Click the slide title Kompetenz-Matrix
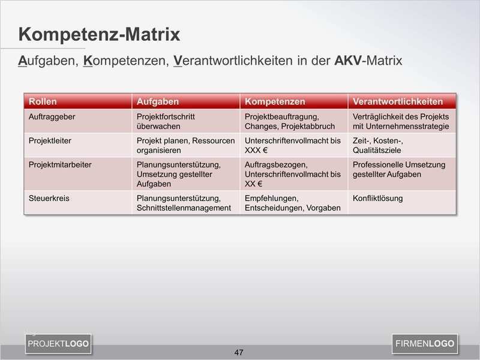[99, 35]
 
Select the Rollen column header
[43, 101]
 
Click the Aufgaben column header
[158, 101]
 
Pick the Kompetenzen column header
[275, 101]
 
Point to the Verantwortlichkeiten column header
[398, 101]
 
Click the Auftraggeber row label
[52, 116]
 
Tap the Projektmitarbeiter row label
[60, 164]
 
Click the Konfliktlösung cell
[377, 198]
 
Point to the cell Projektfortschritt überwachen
[166, 121]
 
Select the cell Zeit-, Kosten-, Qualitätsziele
[378, 145]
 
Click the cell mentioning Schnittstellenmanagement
[184, 203]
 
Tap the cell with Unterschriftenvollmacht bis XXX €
[292, 145]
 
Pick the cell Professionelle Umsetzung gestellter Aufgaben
[398, 169]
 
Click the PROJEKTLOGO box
[58, 344]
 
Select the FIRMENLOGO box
[425, 344]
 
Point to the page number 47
[239, 352]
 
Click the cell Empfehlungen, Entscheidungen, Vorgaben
[292, 203]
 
